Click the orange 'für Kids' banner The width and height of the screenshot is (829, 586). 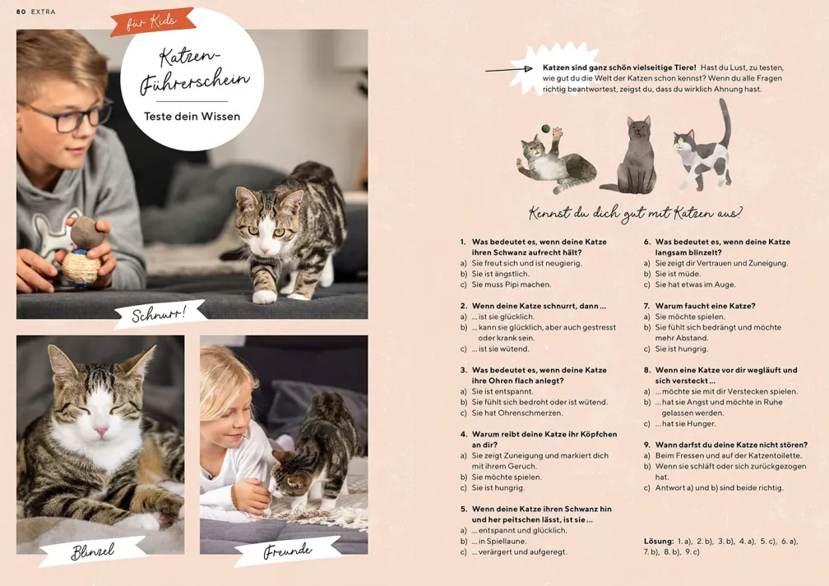click(x=153, y=21)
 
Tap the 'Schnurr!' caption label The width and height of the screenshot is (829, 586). click(x=160, y=314)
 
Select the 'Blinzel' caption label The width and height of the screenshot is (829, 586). click(x=92, y=551)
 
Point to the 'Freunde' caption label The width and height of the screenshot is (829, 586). click(x=288, y=551)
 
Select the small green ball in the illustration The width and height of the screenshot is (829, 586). click(x=545, y=128)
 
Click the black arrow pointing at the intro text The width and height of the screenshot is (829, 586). click(x=508, y=69)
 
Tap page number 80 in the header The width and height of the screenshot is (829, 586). click(x=21, y=12)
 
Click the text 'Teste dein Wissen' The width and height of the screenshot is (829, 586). click(x=192, y=116)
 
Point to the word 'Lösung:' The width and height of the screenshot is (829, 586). click(x=659, y=541)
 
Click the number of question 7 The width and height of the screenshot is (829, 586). click(x=646, y=306)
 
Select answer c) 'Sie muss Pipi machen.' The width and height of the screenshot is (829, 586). click(x=506, y=284)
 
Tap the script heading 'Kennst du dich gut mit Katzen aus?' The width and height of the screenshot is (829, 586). click(x=635, y=213)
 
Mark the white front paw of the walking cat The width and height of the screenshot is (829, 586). click(x=264, y=296)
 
